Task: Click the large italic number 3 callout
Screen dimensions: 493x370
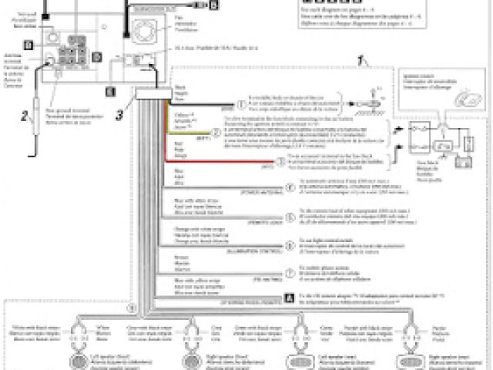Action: pyautogui.click(x=119, y=116)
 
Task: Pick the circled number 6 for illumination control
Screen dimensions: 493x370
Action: pyautogui.click(x=290, y=247)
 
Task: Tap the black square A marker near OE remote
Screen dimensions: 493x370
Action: pyautogui.click(x=289, y=296)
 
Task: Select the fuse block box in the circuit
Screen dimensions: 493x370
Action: pyautogui.click(x=419, y=138)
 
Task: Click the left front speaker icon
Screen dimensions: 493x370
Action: pyautogui.click(x=79, y=361)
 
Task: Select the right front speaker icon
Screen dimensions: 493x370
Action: pyautogui.click(x=188, y=361)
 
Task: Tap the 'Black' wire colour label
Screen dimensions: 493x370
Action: pyautogui.click(x=180, y=89)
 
